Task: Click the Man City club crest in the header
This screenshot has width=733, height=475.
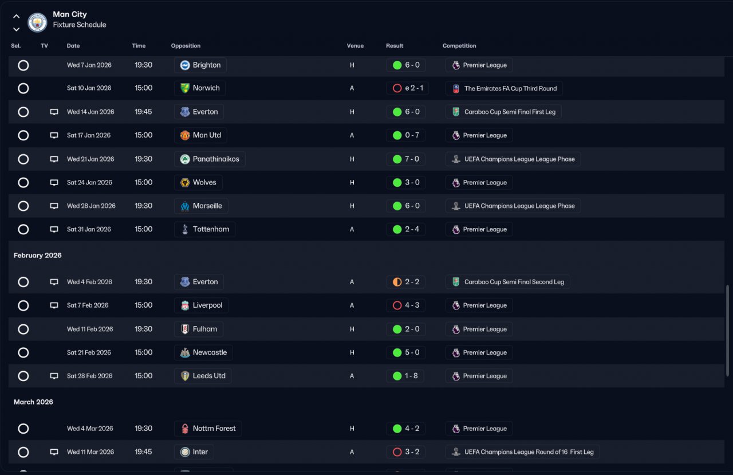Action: pos(37,22)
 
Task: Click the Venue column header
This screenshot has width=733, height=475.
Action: pos(355,46)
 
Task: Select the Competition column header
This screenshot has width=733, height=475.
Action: pos(459,46)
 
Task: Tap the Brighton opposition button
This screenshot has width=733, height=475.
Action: pos(200,65)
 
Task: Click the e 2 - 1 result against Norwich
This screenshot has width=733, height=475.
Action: pos(407,88)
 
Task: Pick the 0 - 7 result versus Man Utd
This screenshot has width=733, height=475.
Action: pos(405,136)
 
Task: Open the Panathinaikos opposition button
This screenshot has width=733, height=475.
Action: pos(210,159)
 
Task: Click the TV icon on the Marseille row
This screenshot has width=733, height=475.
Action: pos(54,206)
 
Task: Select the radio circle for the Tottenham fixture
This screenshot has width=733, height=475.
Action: pos(23,230)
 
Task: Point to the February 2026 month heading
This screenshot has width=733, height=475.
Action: pos(38,256)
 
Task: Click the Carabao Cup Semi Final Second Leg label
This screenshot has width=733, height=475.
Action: pos(507,282)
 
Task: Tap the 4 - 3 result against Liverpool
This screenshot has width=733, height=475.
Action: pos(405,305)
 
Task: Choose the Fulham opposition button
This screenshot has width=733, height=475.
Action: pos(199,329)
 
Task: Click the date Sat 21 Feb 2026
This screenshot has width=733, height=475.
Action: pos(89,353)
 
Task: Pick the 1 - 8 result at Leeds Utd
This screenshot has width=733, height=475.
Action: pos(405,376)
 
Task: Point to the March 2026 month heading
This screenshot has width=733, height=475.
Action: pos(33,402)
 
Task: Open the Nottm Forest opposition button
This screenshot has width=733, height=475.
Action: pos(208,429)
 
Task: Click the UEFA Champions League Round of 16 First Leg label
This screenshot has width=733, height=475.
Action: pos(522,452)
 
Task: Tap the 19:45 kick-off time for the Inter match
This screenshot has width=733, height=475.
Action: pos(143,452)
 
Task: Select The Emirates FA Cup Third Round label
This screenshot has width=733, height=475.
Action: pos(504,88)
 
